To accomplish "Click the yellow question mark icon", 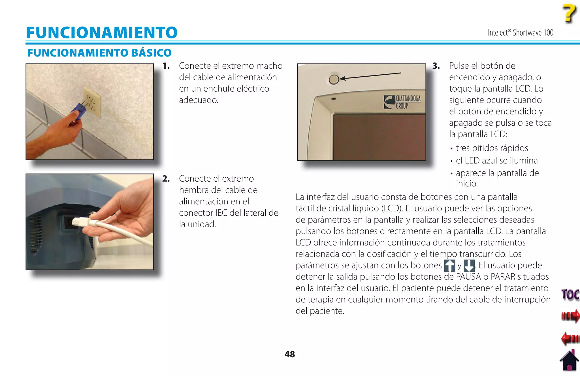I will (x=569, y=13).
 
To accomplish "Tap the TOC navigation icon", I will (x=570, y=295).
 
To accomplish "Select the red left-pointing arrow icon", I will (x=570, y=338).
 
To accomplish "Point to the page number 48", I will (x=290, y=354).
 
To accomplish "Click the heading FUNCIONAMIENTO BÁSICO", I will (x=99, y=53).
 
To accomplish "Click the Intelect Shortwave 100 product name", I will (x=520, y=33).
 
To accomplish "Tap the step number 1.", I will (x=166, y=66).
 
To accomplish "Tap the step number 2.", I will (x=166, y=178).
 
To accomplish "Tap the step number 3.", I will (x=436, y=66).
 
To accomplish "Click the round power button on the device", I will (x=334, y=79).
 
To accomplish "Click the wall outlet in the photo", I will (x=92, y=102).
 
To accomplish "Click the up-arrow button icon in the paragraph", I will (x=450, y=266).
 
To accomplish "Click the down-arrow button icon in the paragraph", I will (x=469, y=266).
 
